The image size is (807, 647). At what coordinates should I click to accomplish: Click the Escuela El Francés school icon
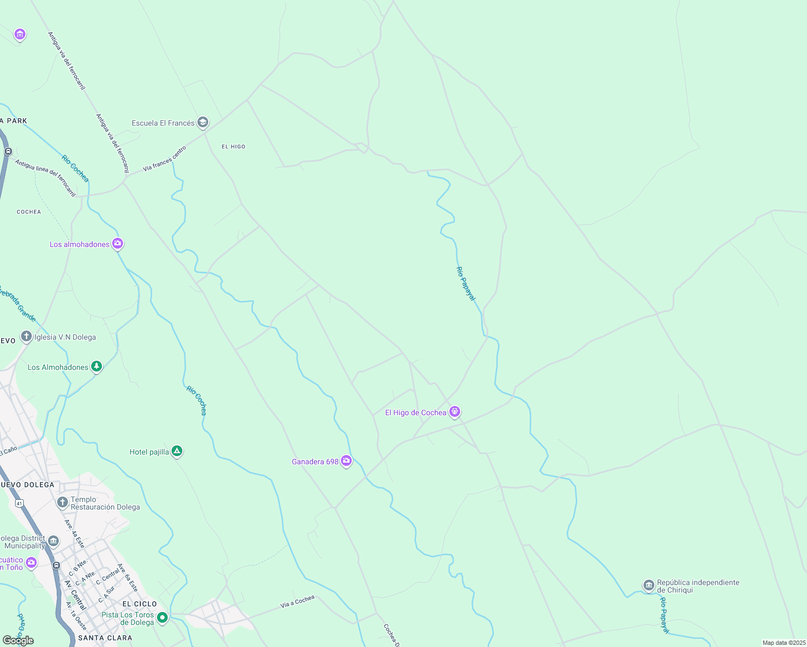[203, 123]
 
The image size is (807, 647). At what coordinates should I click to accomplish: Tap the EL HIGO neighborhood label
[234, 147]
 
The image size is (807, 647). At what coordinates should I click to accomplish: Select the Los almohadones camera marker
[118, 244]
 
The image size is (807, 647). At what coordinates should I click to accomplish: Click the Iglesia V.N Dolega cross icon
[26, 337]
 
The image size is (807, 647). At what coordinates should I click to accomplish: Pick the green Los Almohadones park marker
[97, 367]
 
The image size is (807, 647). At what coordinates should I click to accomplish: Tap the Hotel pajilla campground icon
[177, 451]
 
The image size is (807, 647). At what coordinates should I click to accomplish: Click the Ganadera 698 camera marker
[346, 461]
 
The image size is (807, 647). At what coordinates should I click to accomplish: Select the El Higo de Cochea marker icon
[455, 412]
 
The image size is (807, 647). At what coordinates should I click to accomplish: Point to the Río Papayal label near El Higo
[466, 283]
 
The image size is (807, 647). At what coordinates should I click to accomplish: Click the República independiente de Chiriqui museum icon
[649, 586]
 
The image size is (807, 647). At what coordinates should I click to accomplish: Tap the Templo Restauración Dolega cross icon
[63, 503]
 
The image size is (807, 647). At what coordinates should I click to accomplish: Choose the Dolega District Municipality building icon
[53, 541]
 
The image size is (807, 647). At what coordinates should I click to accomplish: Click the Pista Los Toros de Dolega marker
[162, 617]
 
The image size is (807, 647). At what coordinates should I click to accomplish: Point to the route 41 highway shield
[19, 503]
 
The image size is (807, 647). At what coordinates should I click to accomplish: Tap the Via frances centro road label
[165, 159]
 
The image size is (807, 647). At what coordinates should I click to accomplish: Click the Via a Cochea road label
[297, 602]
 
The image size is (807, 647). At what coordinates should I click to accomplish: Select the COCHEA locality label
[29, 212]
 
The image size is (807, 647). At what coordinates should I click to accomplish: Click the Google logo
[18, 641]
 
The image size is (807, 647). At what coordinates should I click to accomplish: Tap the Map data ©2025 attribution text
[784, 643]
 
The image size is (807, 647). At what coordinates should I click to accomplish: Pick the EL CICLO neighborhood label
[140, 604]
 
